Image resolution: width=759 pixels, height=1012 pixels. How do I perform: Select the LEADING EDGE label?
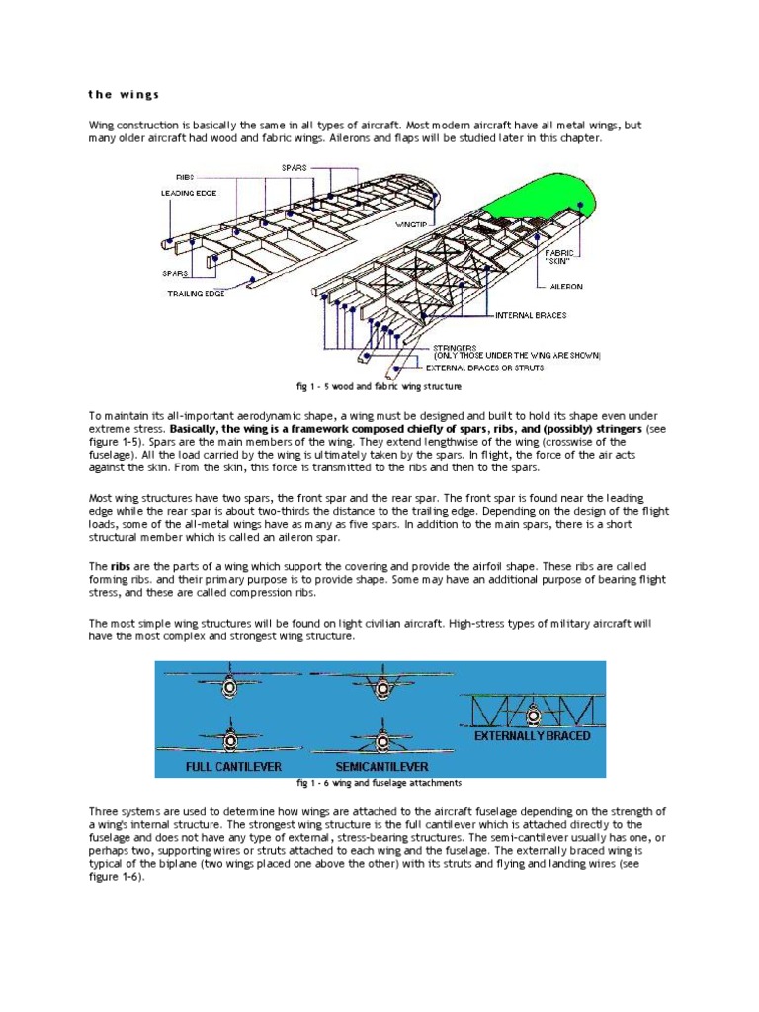pyautogui.click(x=190, y=193)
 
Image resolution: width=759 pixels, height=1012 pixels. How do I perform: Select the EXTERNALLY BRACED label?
pyautogui.click(x=532, y=736)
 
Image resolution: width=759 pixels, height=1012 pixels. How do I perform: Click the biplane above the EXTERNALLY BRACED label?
pyautogui.click(x=532, y=708)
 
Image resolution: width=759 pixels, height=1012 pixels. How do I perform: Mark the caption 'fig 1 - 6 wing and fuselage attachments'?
pyautogui.click(x=379, y=783)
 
